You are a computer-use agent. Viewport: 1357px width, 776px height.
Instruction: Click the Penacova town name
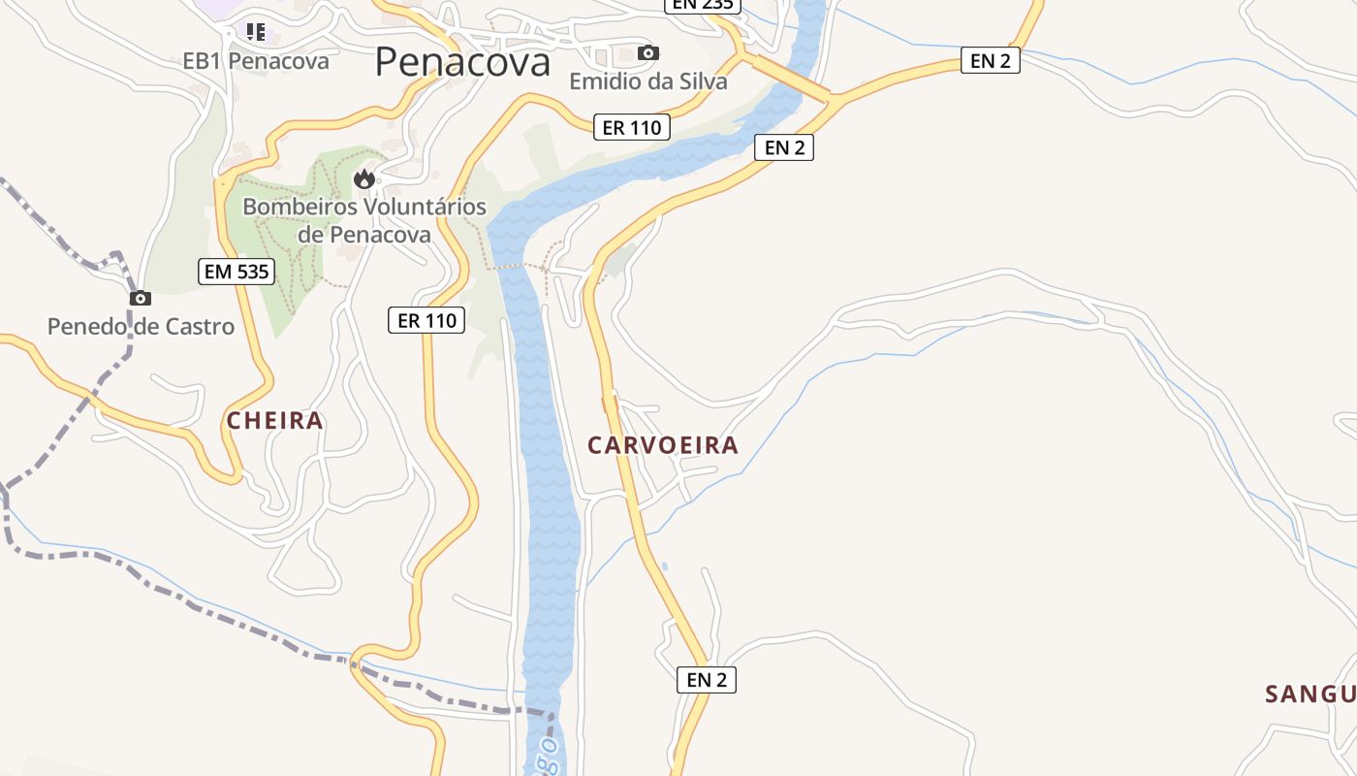pyautogui.click(x=462, y=62)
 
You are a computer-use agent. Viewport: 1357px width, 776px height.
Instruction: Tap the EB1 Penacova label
pyautogui.click(x=256, y=61)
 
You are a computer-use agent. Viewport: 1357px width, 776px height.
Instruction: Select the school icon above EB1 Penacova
pyautogui.click(x=256, y=32)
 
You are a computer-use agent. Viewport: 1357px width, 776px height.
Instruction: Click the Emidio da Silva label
pyautogui.click(x=647, y=81)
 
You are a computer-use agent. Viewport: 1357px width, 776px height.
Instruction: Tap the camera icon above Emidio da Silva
pyautogui.click(x=648, y=52)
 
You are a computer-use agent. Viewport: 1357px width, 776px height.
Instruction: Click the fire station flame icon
pyautogui.click(x=364, y=178)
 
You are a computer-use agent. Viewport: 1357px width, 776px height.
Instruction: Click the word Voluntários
pyautogui.click(x=424, y=207)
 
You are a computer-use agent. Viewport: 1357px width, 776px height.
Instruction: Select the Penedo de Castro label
pyautogui.click(x=141, y=327)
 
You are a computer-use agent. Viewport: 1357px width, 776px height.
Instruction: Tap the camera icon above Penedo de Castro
pyautogui.click(x=141, y=298)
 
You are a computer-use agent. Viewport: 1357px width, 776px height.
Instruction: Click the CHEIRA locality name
pyautogui.click(x=275, y=421)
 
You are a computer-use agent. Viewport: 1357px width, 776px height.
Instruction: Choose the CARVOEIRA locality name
pyautogui.click(x=663, y=445)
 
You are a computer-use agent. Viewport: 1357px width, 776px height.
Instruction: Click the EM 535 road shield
pyautogui.click(x=237, y=272)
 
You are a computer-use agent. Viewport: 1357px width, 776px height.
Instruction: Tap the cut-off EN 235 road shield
pyautogui.click(x=703, y=5)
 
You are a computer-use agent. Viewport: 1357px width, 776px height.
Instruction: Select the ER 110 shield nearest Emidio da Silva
pyautogui.click(x=631, y=127)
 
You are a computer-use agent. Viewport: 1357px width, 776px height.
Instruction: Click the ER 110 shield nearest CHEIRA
pyautogui.click(x=426, y=320)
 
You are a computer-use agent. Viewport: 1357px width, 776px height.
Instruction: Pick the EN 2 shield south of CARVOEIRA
pyautogui.click(x=706, y=680)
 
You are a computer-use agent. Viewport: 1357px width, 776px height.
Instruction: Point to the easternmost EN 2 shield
pyautogui.click(x=990, y=61)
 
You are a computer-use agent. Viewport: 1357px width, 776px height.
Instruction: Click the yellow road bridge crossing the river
pyautogui.click(x=791, y=78)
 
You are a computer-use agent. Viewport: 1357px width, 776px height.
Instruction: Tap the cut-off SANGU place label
pyautogui.click(x=1310, y=695)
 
